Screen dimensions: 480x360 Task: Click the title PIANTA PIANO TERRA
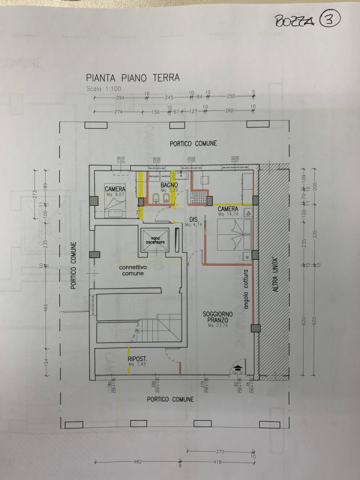(x=132, y=78)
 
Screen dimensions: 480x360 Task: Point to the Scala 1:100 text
(x=103, y=89)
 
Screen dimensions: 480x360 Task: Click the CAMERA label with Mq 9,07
(x=115, y=190)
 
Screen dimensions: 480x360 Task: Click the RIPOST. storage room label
(x=137, y=362)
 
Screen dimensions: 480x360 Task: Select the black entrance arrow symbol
(x=238, y=365)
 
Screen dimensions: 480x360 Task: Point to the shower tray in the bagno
(x=199, y=198)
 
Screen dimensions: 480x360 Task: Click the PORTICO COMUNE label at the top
(x=193, y=143)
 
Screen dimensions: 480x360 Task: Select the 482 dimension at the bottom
(x=137, y=461)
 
